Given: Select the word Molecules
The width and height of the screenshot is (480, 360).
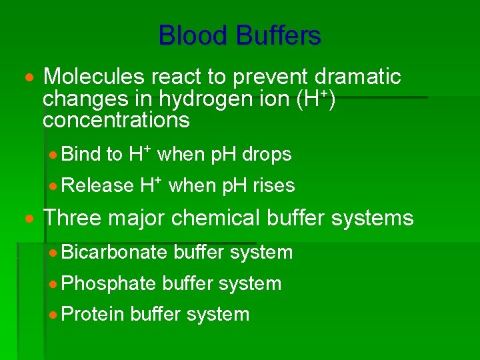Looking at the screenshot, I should pos(89,77).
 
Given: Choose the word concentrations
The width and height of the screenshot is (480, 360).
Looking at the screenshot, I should pos(116,121).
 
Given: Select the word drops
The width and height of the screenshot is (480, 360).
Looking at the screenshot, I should pos(267,155).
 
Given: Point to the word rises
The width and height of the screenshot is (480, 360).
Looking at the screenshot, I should pos(273,185).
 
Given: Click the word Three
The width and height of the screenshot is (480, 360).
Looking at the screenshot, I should pos(72,218).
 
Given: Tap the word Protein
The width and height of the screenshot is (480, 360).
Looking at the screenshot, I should pos(93,314).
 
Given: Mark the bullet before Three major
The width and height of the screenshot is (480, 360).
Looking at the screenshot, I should pos(29,219).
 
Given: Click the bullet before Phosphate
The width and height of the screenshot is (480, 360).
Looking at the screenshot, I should pos(54,284).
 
